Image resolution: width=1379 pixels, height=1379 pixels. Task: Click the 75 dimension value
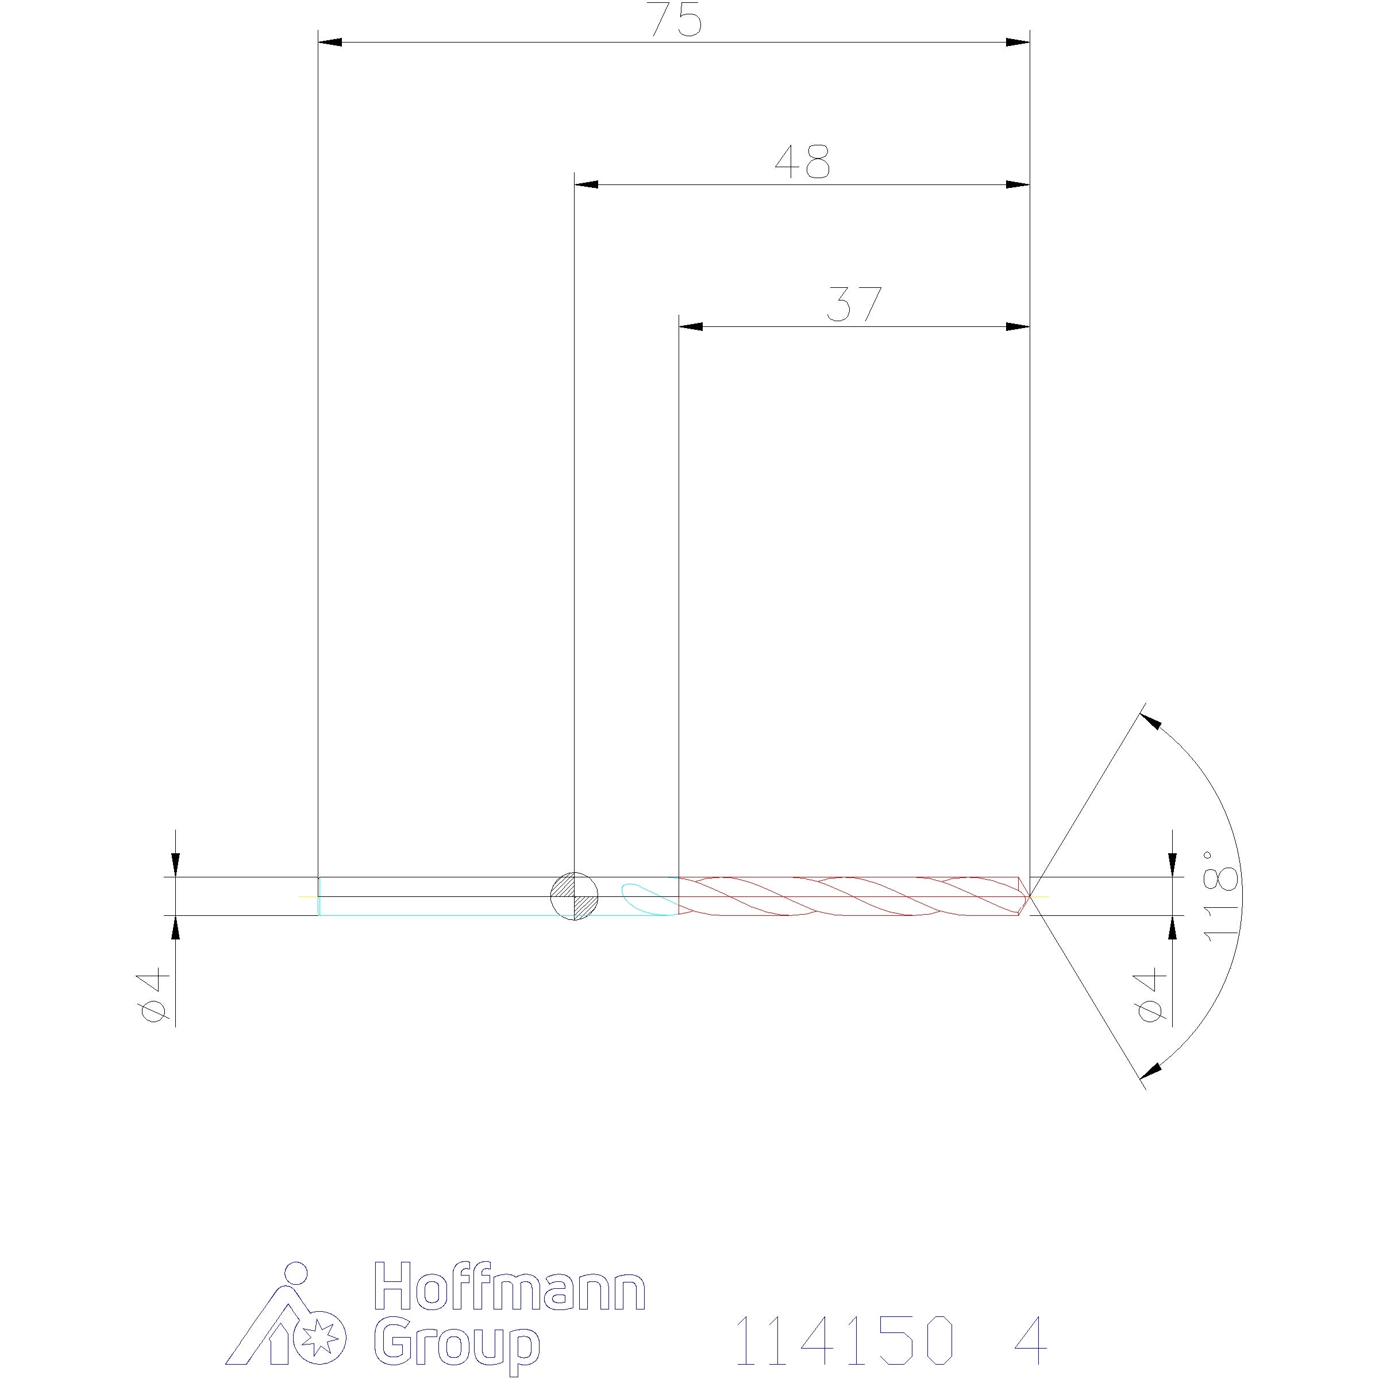pos(675,20)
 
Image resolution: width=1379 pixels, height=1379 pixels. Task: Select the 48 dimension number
pos(803,162)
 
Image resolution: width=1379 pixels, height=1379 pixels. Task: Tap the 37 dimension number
pos(854,304)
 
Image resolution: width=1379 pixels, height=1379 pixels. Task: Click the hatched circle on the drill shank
pos(575,896)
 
